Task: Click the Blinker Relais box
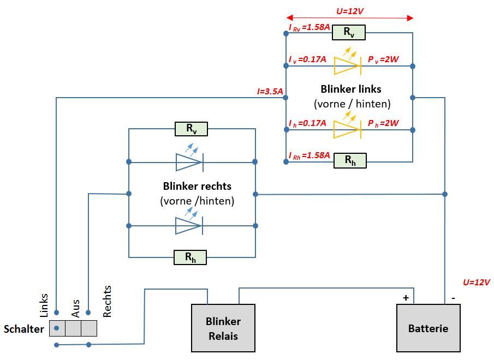pyautogui.click(x=223, y=328)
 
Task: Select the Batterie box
pyautogui.click(x=428, y=328)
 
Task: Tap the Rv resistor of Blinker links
pyautogui.click(x=348, y=33)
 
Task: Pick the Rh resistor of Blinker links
pyautogui.click(x=350, y=160)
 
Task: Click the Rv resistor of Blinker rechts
pyautogui.click(x=191, y=129)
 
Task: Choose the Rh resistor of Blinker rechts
pyautogui.click(x=190, y=257)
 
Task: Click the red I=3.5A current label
pyautogui.click(x=270, y=92)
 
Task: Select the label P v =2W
pyautogui.click(x=383, y=59)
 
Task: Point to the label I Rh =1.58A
pyautogui.click(x=310, y=155)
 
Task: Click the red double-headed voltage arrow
pyautogui.click(x=349, y=18)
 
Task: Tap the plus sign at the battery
pyautogui.click(x=406, y=297)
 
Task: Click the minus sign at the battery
pyautogui.click(x=454, y=298)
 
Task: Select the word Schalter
pyautogui.click(x=23, y=329)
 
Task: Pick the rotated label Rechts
pyautogui.click(x=107, y=301)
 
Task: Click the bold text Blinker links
pyautogui.click(x=351, y=89)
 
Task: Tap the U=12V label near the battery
pyautogui.click(x=476, y=282)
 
